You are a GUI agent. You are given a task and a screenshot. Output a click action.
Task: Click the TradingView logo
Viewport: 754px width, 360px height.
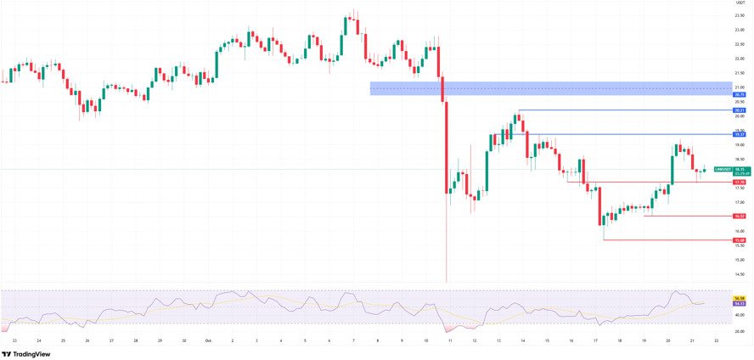26,354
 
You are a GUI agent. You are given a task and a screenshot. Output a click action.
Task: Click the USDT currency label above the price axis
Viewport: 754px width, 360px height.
740,3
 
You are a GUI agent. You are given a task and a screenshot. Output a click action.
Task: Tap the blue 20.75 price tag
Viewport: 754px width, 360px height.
740,94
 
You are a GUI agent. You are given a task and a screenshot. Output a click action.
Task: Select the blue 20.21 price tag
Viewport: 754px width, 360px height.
740,110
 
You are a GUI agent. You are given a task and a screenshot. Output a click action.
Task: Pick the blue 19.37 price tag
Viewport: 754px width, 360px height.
740,134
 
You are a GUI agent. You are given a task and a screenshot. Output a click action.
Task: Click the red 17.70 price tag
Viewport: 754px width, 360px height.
740,182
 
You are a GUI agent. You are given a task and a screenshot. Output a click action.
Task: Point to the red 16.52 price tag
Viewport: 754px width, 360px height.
740,216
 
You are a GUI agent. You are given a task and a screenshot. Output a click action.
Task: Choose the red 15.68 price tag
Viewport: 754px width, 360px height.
740,240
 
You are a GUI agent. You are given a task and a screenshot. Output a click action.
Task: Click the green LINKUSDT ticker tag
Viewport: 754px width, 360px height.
723,170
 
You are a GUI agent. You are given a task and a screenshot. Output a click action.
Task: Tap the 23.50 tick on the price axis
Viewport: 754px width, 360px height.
740,15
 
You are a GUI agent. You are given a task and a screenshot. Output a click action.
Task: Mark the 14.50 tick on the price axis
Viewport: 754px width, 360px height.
740,274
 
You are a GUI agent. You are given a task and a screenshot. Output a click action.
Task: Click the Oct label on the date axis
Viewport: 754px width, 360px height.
207,340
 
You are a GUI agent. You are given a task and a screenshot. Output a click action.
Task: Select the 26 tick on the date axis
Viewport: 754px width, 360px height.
87,340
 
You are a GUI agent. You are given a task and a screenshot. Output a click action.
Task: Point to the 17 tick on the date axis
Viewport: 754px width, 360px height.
595,340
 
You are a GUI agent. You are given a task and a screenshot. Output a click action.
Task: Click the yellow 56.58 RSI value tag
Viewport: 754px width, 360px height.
740,298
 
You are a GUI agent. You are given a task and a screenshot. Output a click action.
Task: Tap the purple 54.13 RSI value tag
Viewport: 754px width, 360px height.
740,303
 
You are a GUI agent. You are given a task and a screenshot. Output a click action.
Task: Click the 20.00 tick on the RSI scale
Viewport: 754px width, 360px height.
740,331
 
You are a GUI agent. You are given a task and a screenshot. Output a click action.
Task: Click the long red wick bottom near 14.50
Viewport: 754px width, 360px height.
446,281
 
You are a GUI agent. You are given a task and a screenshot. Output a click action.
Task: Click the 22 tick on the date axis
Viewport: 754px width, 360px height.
717,340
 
